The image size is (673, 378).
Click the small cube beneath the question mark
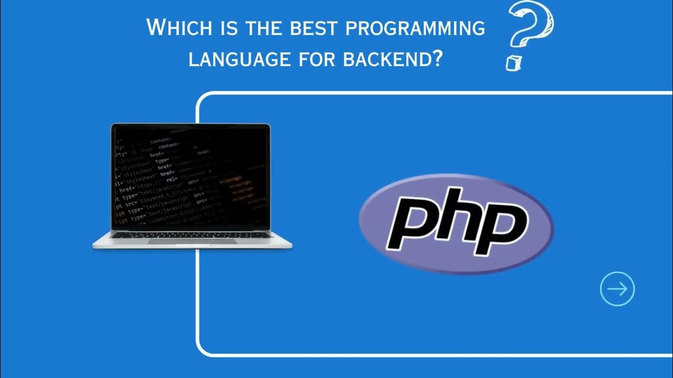512,63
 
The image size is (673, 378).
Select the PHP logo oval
456,224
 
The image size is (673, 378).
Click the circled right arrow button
617,289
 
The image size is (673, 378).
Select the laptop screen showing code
191,176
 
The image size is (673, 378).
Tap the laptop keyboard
191,235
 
